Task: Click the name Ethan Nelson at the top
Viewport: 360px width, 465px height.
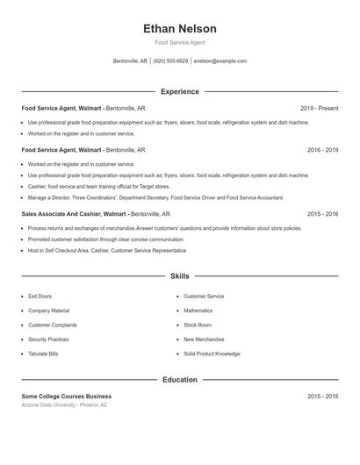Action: point(180,29)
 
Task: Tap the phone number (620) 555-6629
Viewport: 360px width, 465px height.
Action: point(171,61)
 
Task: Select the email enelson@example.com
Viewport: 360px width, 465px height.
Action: point(220,61)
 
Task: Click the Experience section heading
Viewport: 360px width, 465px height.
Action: point(180,91)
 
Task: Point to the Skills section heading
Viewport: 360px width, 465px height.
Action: point(180,275)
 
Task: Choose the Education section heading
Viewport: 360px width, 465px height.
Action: point(180,380)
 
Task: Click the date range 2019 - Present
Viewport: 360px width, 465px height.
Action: point(319,109)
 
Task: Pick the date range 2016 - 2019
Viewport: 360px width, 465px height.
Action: point(322,150)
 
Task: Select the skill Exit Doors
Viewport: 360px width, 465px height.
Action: point(40,297)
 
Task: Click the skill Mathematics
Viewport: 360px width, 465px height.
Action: point(198,311)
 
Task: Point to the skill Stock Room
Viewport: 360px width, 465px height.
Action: point(198,325)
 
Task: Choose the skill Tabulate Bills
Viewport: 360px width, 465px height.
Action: point(45,354)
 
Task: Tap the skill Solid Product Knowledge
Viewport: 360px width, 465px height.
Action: point(212,354)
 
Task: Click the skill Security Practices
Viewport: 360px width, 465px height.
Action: point(48,340)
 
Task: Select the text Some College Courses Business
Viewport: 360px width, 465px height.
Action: point(67,397)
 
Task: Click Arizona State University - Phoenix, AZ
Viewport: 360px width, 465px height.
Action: point(64,405)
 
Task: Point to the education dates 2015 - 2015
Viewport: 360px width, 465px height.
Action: point(322,397)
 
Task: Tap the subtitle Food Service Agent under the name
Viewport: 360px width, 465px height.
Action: point(180,42)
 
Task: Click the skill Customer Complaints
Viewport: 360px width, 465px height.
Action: point(52,325)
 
